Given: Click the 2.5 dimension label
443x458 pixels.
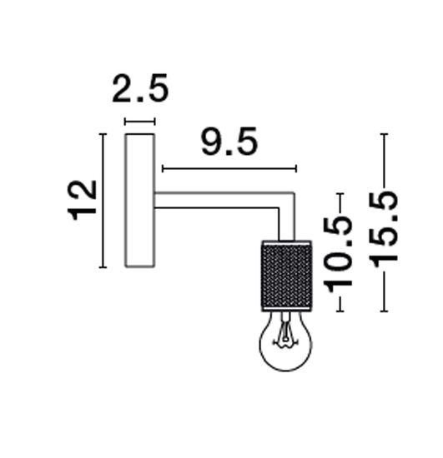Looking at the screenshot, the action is [140, 88].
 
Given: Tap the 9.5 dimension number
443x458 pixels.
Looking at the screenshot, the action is [229, 142].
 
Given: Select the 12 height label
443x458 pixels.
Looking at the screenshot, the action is [83, 200].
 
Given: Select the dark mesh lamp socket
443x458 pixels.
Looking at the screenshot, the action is [286, 276].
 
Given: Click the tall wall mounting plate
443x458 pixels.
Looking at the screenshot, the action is [140, 201].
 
